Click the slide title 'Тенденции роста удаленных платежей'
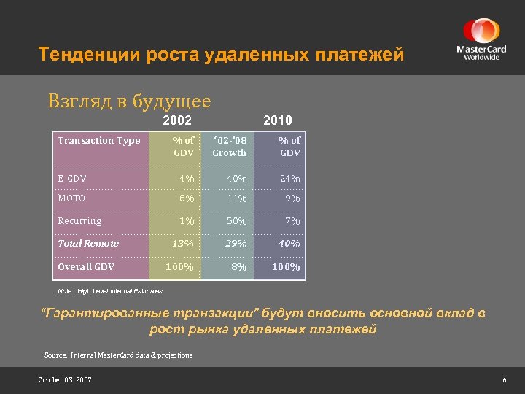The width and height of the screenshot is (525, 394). click(220, 55)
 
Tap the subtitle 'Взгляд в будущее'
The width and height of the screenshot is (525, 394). click(129, 101)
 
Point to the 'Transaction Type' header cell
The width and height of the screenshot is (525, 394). click(98, 141)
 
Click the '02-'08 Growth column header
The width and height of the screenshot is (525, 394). click(229, 147)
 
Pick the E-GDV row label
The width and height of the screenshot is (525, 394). click(72, 178)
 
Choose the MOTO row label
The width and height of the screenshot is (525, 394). click(71, 198)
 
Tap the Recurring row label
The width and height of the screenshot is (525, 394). click(79, 220)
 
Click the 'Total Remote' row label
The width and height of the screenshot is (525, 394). click(87, 244)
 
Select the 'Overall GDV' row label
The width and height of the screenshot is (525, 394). click(86, 266)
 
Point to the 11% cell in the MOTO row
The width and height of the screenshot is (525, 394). click(236, 198)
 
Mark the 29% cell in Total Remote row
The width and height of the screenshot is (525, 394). click(236, 244)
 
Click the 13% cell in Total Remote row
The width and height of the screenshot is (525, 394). click(182, 244)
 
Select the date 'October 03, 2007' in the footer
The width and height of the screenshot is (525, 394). click(65, 380)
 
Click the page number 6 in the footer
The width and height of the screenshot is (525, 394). click(504, 380)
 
